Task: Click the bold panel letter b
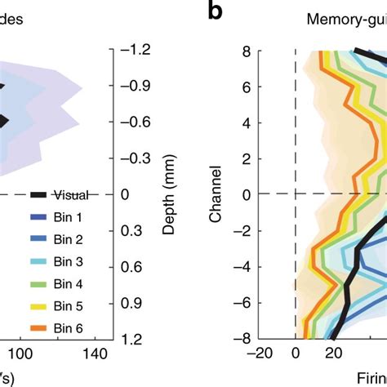[215, 12]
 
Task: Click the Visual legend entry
[75, 194]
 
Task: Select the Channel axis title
[215, 194]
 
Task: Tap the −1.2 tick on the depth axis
[135, 50]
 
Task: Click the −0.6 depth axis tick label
[135, 122]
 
